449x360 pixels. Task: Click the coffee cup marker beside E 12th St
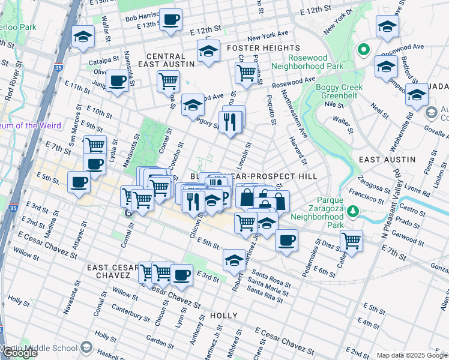(x=170, y=20)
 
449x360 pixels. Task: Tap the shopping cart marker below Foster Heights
(x=247, y=72)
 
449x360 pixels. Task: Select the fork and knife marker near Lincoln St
(x=230, y=122)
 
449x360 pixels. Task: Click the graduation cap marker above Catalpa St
(x=82, y=37)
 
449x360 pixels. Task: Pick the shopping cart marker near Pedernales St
(x=351, y=241)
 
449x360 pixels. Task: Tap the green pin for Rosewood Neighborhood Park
(x=363, y=50)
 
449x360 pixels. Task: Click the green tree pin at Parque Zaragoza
(x=354, y=211)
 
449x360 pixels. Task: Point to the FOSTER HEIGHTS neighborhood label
(x=264, y=48)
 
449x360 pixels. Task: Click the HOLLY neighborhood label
(x=224, y=316)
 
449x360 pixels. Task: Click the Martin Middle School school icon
(x=86, y=348)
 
